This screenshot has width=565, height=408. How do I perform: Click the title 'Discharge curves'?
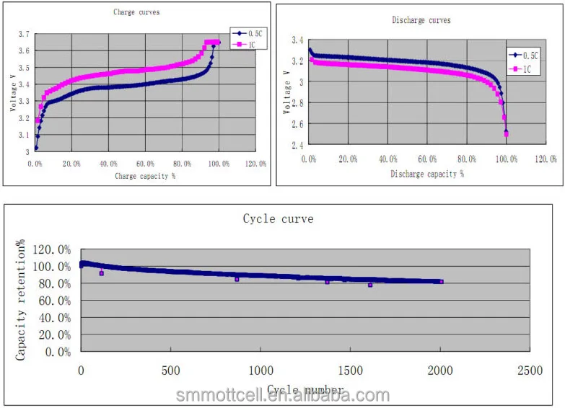(421, 20)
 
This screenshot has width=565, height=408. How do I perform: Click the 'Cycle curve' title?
(278, 218)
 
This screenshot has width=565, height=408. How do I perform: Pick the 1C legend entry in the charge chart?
(245, 45)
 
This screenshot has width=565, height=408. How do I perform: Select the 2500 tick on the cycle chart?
(530, 371)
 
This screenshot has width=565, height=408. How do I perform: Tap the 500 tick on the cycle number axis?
(170, 371)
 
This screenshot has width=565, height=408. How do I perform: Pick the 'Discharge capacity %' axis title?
(427, 174)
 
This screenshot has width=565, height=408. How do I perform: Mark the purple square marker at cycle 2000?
(441, 282)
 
